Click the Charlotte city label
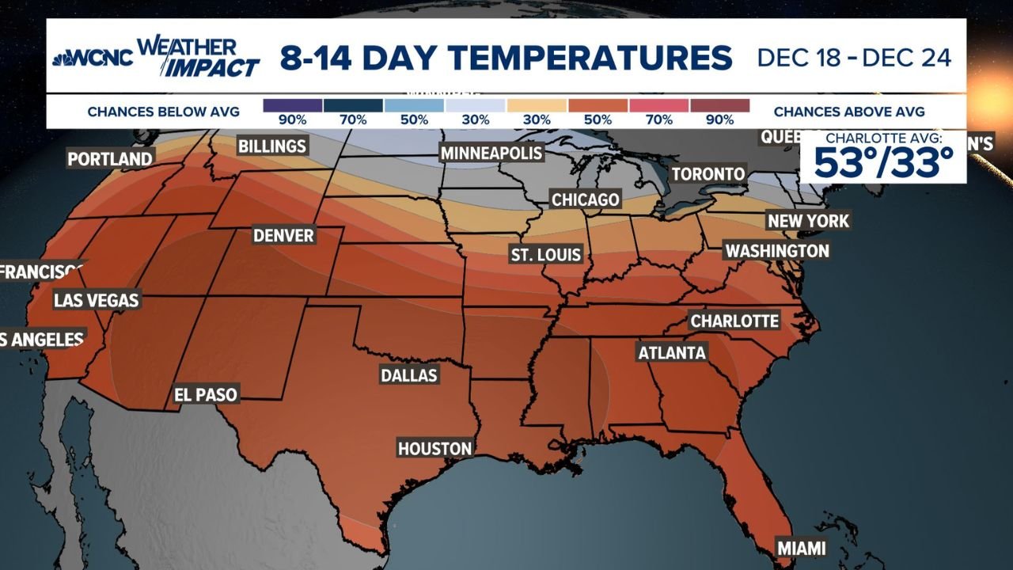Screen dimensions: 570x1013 click(x=734, y=321)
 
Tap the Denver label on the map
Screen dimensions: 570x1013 click(x=283, y=236)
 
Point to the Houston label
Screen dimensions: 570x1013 click(x=434, y=448)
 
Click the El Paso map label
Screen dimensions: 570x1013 click(x=206, y=394)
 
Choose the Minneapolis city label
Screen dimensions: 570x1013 click(x=491, y=153)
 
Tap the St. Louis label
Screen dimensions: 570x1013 click(x=546, y=255)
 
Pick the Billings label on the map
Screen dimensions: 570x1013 click(x=271, y=146)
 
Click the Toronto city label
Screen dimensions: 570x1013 click(x=708, y=174)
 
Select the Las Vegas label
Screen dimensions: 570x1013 click(x=96, y=300)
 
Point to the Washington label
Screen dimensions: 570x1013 click(x=777, y=251)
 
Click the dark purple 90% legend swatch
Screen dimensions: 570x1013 click(x=292, y=105)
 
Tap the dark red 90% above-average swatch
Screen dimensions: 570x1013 click(x=719, y=105)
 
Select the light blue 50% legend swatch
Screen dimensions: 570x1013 click(x=414, y=105)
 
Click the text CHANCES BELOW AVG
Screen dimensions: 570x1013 click(x=164, y=112)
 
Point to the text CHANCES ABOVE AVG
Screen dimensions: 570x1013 click(x=849, y=112)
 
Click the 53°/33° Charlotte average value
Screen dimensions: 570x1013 click(x=883, y=163)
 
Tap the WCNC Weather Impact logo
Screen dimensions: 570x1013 click(x=156, y=57)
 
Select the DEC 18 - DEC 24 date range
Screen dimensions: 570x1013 click(x=854, y=58)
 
